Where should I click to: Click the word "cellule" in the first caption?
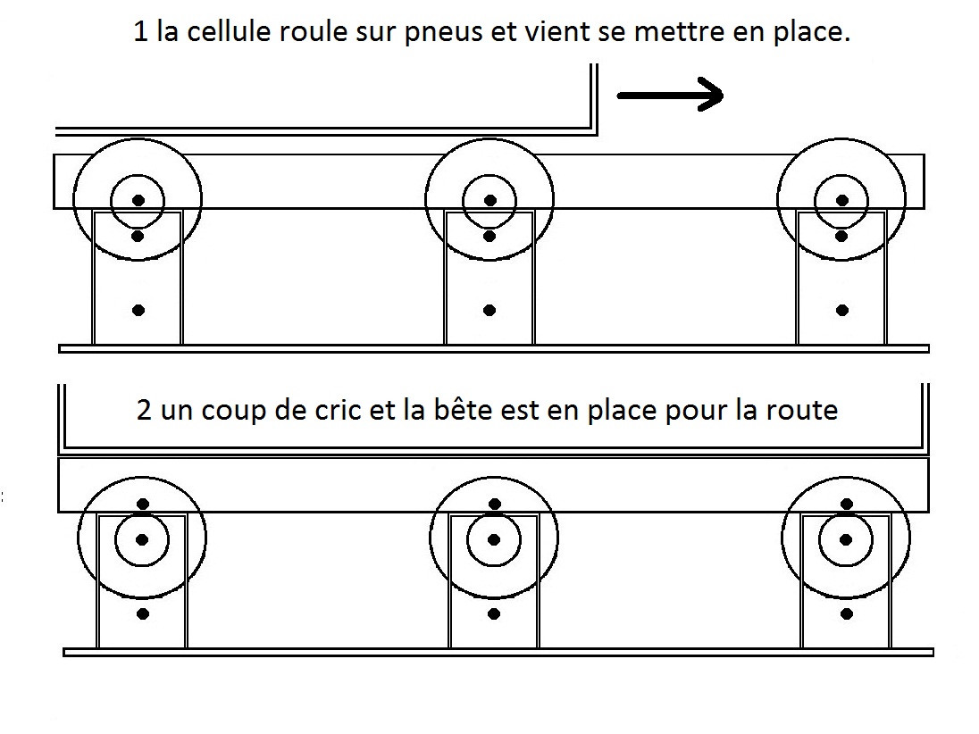coord(230,31)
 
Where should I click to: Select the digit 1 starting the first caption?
coord(141,32)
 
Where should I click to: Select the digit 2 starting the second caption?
coord(144,410)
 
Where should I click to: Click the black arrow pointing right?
coord(670,95)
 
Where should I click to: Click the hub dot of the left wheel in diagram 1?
coord(138,200)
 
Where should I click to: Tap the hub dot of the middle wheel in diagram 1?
coord(490,200)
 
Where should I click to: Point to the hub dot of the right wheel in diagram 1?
coord(842,200)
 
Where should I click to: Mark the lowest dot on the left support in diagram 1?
coord(138,310)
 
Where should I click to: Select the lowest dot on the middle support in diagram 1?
coord(489,310)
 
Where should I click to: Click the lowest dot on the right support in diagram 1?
coord(842,310)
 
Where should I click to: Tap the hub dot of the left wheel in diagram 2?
coord(142,539)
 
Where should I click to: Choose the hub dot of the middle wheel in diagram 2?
coord(494,539)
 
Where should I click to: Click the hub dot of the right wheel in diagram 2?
coord(846,539)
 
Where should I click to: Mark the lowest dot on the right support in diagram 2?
coord(847,614)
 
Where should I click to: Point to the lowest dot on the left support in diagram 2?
coord(142,614)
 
